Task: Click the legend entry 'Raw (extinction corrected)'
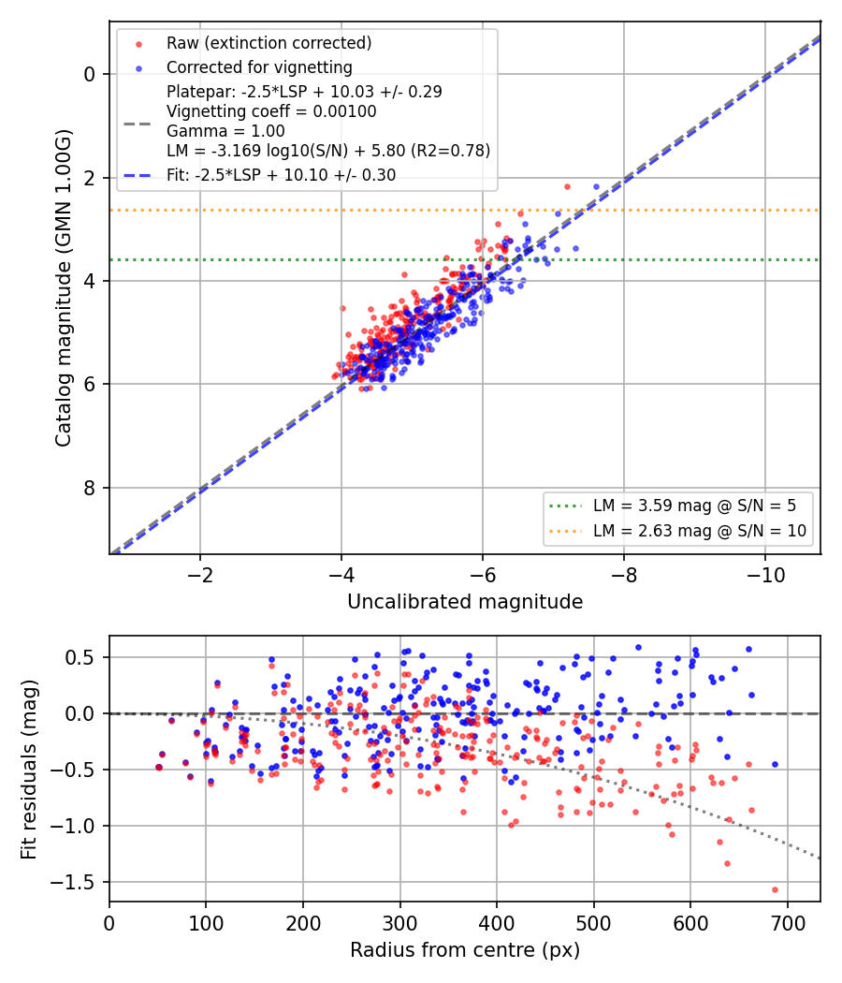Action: (x=269, y=43)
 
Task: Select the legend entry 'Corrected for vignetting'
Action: (x=259, y=67)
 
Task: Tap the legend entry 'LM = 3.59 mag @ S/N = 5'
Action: (x=694, y=506)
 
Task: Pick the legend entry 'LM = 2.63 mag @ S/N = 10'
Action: (x=699, y=531)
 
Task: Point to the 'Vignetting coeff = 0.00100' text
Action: (x=271, y=111)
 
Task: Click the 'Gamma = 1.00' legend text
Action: (x=225, y=131)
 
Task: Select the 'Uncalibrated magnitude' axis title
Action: (x=465, y=602)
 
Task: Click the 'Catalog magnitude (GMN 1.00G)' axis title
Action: (x=64, y=288)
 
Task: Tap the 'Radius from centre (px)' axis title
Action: (x=465, y=950)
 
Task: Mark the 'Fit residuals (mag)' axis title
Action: (x=29, y=770)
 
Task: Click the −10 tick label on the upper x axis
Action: (x=765, y=575)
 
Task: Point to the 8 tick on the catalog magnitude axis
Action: (x=89, y=488)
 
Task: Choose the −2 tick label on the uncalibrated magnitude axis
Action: (x=200, y=575)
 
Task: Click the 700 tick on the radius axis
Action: (x=787, y=923)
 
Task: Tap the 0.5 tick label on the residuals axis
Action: (x=80, y=657)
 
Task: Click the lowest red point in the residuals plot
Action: (x=775, y=889)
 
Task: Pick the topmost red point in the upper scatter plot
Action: (x=568, y=187)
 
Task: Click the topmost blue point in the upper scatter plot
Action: (x=597, y=187)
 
